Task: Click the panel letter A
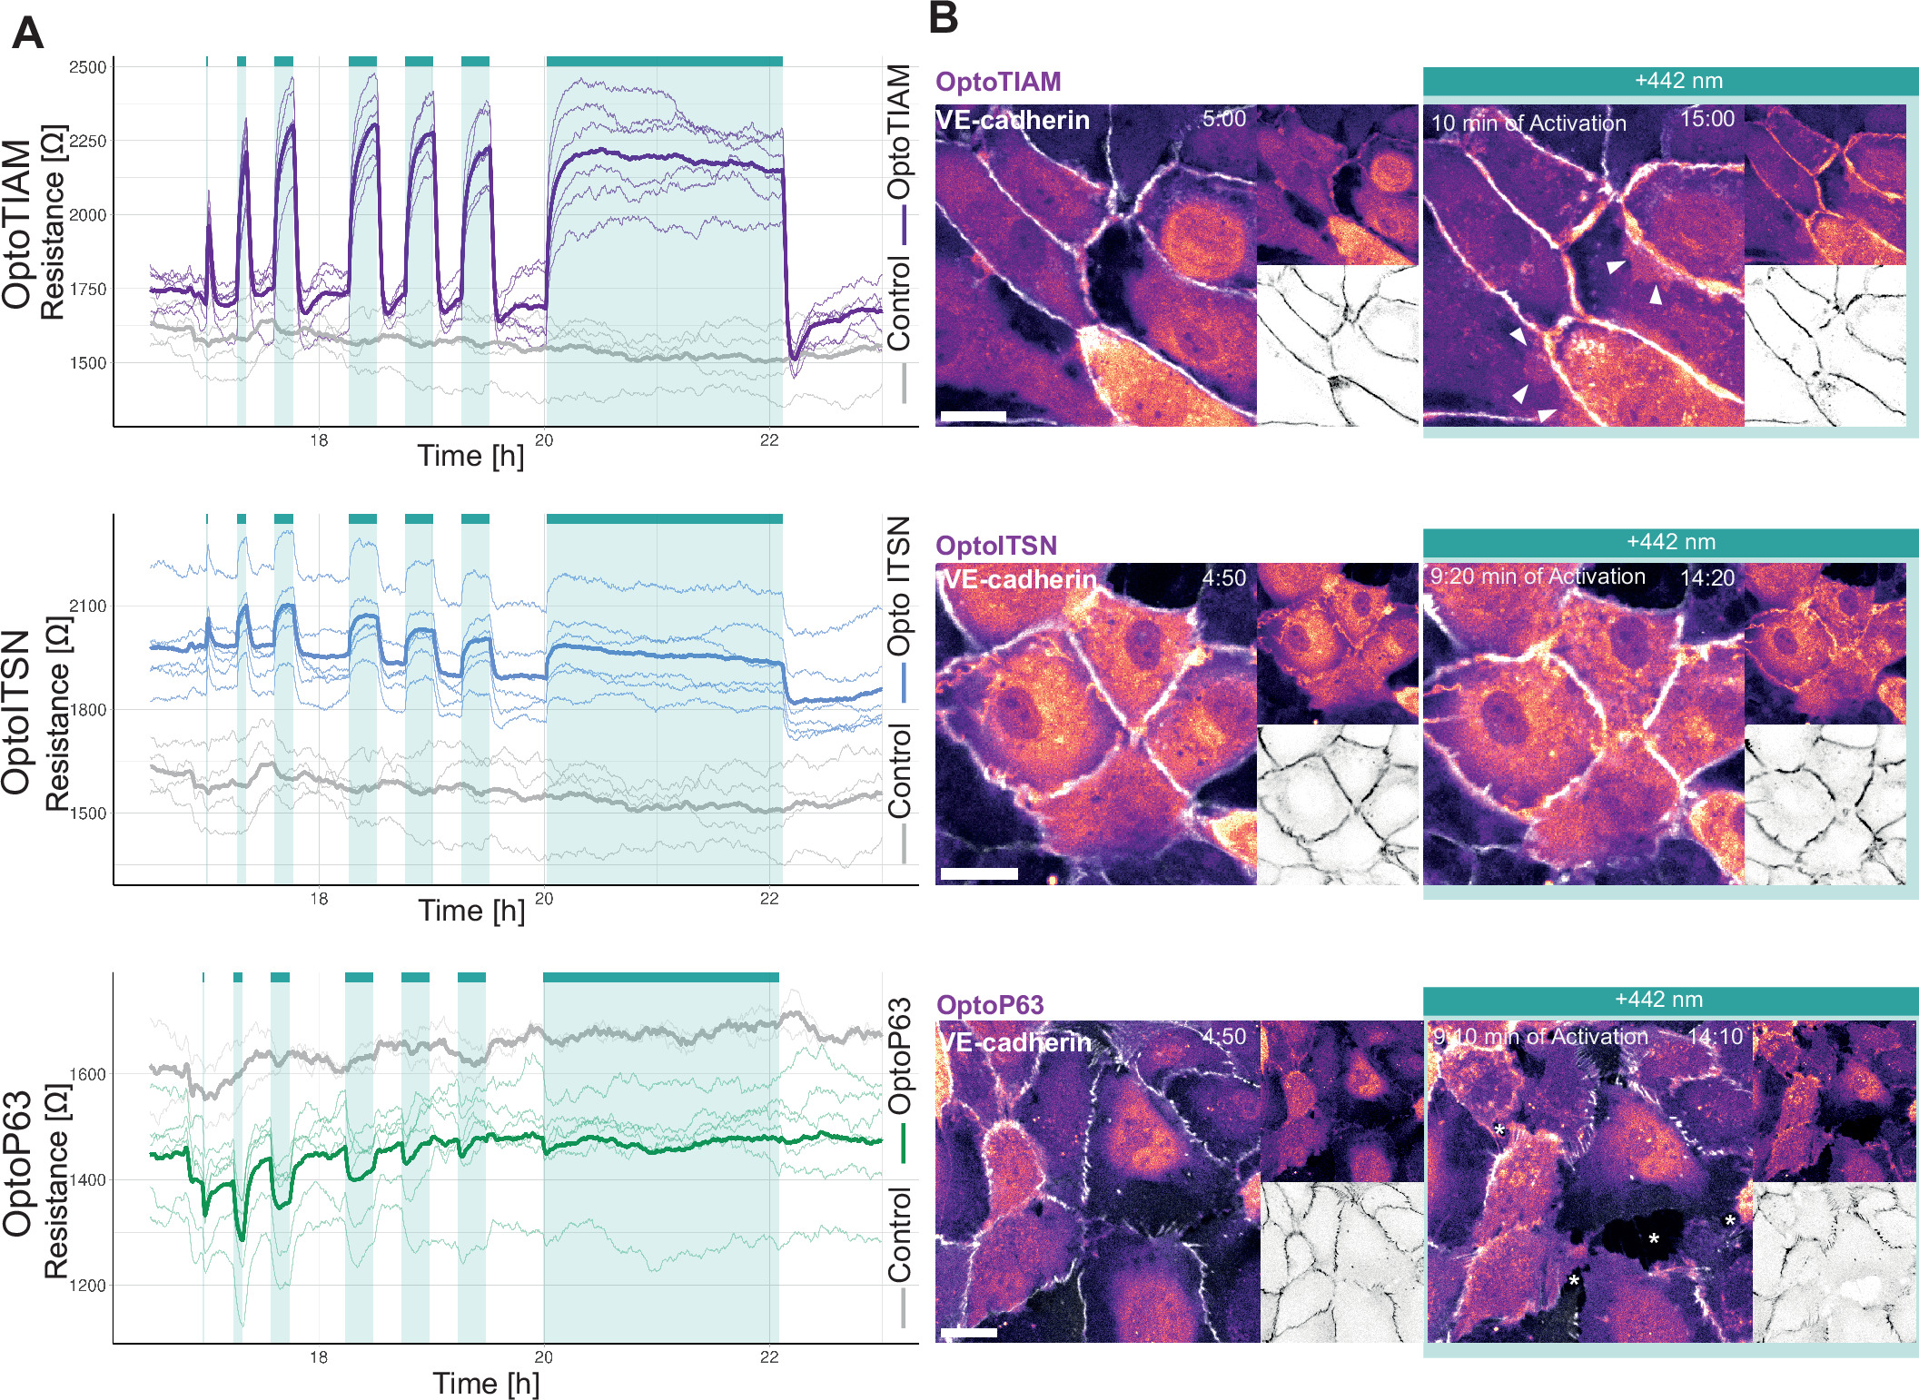click(27, 35)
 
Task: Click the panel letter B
click(944, 18)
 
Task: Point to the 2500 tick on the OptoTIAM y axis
click(87, 67)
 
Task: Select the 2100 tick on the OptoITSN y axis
click(87, 606)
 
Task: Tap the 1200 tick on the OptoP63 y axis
click(87, 1286)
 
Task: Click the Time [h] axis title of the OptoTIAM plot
click(470, 456)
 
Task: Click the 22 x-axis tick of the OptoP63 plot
click(768, 1357)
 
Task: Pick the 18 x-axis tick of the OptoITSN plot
click(318, 899)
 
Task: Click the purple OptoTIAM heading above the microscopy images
click(998, 82)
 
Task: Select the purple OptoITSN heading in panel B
click(996, 546)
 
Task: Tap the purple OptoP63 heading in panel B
click(990, 1005)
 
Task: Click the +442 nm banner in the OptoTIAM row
click(1677, 81)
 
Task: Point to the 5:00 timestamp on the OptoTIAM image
click(1223, 119)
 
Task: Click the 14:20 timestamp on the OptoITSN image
click(1706, 578)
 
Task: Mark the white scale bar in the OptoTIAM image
click(973, 417)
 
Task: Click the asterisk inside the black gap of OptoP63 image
click(1654, 1239)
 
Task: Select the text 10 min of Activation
click(1528, 123)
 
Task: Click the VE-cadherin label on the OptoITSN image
click(1019, 578)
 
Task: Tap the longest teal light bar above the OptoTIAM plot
click(664, 61)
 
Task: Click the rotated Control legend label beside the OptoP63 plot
click(899, 1235)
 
